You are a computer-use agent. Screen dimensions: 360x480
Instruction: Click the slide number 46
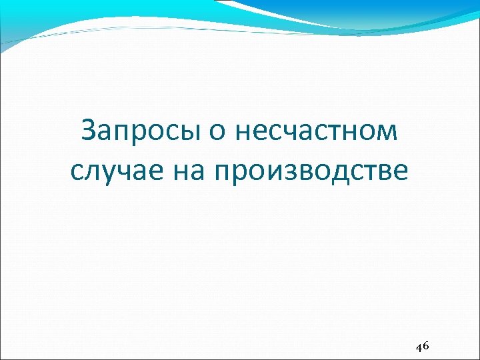point(422,347)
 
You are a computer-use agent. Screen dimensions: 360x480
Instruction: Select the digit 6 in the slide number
point(426,346)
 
